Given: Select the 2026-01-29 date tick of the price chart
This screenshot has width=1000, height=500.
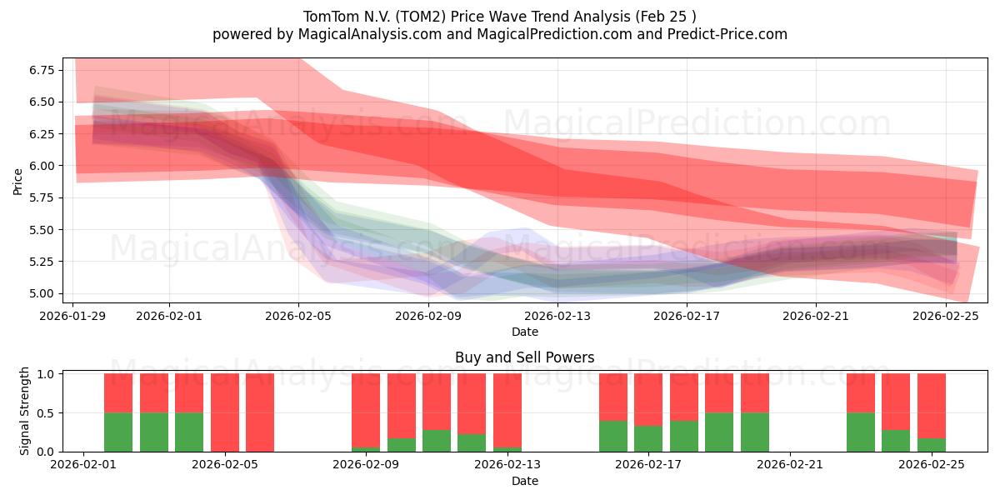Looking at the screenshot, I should (x=73, y=316).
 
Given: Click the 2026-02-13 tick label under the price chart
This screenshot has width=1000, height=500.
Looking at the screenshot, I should (x=557, y=316).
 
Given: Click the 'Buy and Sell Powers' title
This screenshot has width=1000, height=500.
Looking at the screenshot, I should (x=524, y=357).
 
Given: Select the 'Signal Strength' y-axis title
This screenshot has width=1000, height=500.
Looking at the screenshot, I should (x=25, y=410).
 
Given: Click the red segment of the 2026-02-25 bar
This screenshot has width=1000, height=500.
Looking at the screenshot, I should (x=931, y=405).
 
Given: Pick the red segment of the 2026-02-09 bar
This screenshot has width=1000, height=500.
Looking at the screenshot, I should (x=366, y=410).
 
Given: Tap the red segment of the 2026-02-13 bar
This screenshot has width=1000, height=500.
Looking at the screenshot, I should (x=507, y=410).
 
